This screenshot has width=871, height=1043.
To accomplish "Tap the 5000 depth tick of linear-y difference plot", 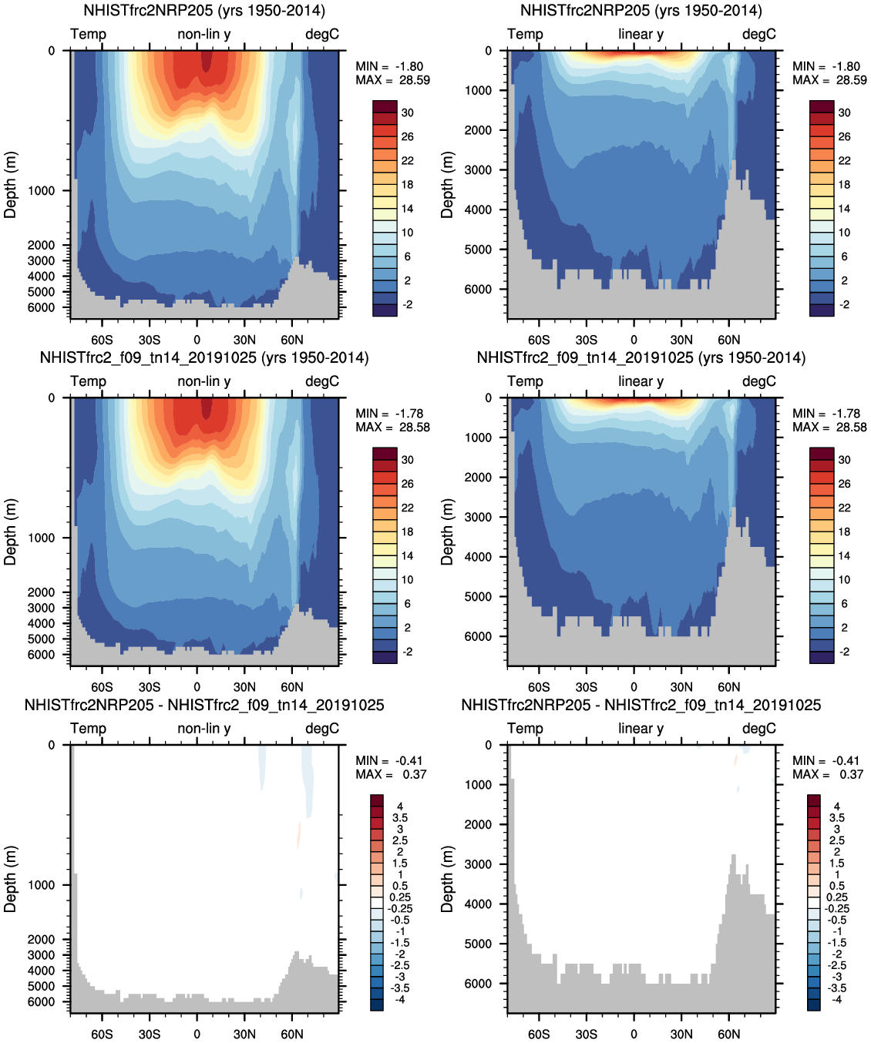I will pyautogui.click(x=477, y=944).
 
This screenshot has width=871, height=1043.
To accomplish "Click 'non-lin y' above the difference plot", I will pyautogui.click(x=204, y=728).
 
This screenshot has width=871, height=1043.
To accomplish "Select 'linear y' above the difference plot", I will pyautogui.click(x=641, y=728).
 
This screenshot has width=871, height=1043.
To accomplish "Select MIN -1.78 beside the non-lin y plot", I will pyautogui.click(x=389, y=414).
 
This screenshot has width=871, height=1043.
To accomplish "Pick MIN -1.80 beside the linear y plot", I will pyautogui.click(x=826, y=66).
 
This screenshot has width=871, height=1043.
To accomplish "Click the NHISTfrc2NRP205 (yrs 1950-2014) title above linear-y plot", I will pyautogui.click(x=641, y=11).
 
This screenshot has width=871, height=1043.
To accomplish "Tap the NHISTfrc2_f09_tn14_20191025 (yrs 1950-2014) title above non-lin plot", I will pyautogui.click(x=204, y=357).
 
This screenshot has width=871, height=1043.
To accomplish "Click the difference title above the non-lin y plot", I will pyautogui.click(x=204, y=705).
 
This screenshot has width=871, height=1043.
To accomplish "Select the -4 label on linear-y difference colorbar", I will pyautogui.click(x=836, y=999).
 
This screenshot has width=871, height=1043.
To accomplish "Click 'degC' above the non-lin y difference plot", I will pyautogui.click(x=322, y=728).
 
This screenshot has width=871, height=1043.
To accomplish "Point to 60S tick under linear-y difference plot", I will pyautogui.click(x=539, y=1034).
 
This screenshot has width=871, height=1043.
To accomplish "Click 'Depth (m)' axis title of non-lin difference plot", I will pyautogui.click(x=10, y=878).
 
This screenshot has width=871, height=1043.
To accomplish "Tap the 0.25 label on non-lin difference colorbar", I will pyautogui.click(x=400, y=897).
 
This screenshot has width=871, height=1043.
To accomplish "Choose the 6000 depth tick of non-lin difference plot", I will pyautogui.click(x=41, y=1001).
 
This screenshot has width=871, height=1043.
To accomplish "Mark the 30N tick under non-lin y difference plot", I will pyautogui.click(x=244, y=1034).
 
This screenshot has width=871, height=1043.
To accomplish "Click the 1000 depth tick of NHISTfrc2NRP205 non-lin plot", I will pyautogui.click(x=41, y=190).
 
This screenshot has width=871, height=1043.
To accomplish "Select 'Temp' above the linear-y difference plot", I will pyautogui.click(x=525, y=728).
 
